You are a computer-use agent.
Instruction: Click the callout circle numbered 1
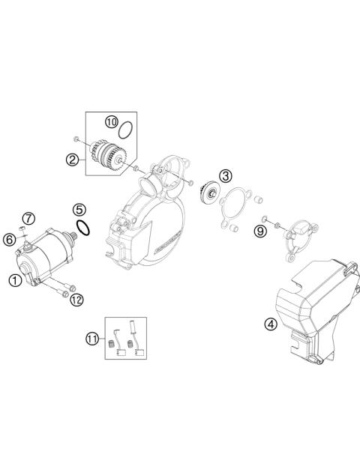(14, 280)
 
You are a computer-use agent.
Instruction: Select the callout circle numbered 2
(73, 159)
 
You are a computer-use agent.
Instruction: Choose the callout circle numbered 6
(9, 240)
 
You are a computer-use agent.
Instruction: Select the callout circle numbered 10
(112, 121)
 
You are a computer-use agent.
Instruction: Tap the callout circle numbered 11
(92, 339)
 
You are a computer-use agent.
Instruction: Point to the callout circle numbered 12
(76, 299)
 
